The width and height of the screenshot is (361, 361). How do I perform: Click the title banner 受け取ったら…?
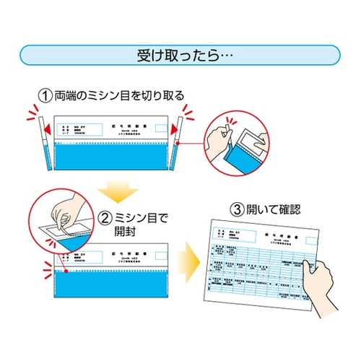[180, 55]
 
